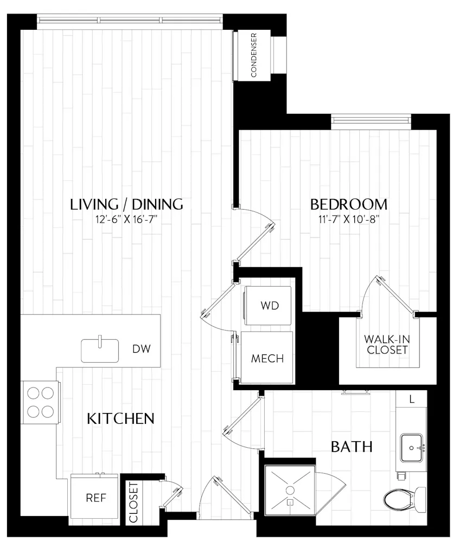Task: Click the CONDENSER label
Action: click(253, 55)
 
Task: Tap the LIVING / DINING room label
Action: click(126, 204)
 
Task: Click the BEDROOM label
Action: click(348, 204)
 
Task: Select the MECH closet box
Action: click(267, 358)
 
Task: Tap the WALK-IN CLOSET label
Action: click(386, 344)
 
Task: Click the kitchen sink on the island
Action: click(100, 350)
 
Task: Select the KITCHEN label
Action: click(121, 418)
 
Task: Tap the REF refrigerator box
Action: click(95, 498)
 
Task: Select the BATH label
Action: click(352, 447)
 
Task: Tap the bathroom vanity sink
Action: click(413, 448)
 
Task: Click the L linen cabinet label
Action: click(412, 399)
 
